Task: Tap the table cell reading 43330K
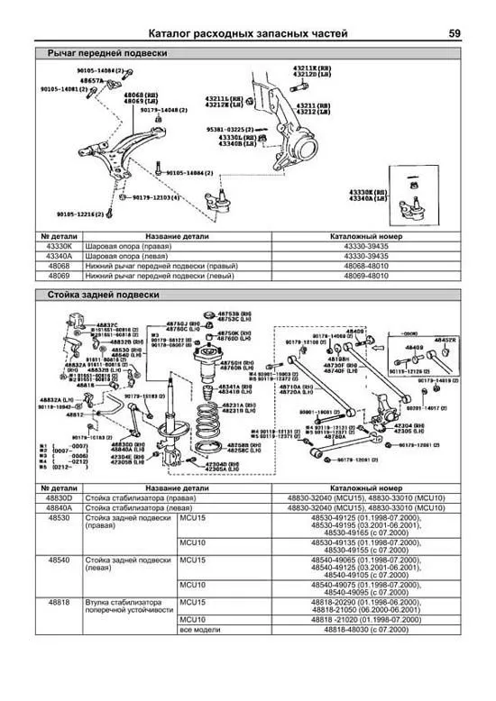pos(57,244)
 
